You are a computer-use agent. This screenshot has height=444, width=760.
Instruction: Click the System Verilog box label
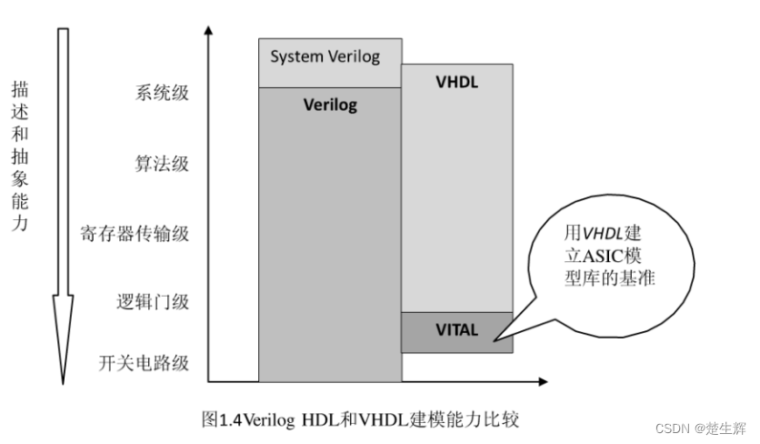tap(325, 57)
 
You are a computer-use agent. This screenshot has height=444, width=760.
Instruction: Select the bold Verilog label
tap(329, 105)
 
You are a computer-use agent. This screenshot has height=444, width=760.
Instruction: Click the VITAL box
tap(456, 330)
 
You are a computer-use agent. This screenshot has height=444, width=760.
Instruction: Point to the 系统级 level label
tap(162, 93)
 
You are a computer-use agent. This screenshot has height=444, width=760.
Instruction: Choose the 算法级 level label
tap(162, 164)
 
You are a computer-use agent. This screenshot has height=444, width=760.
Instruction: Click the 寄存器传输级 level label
tap(135, 233)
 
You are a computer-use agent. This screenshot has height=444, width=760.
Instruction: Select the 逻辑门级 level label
tap(153, 302)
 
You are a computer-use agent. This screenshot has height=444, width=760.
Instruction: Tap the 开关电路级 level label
tap(144, 363)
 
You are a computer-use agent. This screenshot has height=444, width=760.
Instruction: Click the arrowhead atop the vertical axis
tap(209, 31)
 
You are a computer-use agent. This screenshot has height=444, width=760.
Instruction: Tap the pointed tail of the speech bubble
tap(496, 341)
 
